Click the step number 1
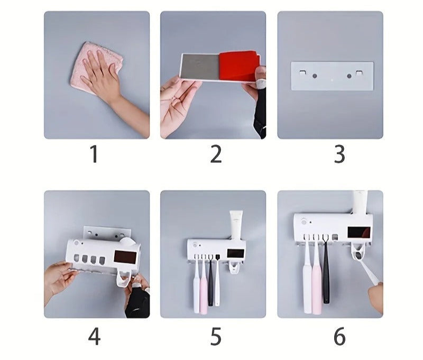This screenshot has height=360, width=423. (94, 154)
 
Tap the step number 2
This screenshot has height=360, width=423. (216, 154)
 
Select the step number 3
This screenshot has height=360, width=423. (339, 154)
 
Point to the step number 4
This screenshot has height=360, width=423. (94, 336)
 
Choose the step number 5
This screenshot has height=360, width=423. (216, 336)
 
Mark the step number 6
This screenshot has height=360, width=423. (339, 336)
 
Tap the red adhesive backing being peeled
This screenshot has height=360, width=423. (239, 66)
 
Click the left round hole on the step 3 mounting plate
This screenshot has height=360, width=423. (315, 76)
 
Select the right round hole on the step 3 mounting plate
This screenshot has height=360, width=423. (349, 76)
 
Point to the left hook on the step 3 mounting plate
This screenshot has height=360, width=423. (302, 73)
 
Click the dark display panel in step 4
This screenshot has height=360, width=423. (125, 257)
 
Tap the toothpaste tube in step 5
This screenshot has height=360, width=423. (236, 225)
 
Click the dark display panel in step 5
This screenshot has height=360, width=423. (235, 254)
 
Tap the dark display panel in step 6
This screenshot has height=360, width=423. (359, 233)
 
